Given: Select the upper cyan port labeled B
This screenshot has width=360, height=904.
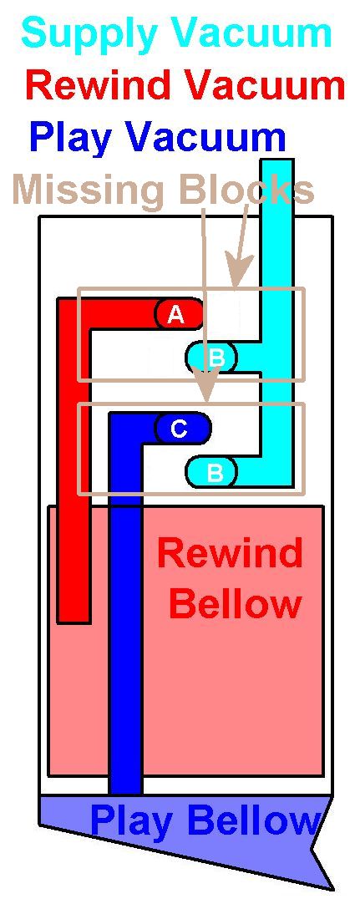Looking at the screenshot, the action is [x=212, y=358].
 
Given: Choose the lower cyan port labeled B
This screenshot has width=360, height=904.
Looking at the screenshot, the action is [x=212, y=472].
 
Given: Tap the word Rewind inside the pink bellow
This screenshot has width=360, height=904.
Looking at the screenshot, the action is [x=230, y=553].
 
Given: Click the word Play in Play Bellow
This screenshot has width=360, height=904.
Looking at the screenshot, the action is [x=130, y=822].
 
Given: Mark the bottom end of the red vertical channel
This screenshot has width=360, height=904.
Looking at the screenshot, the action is [x=74, y=622].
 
